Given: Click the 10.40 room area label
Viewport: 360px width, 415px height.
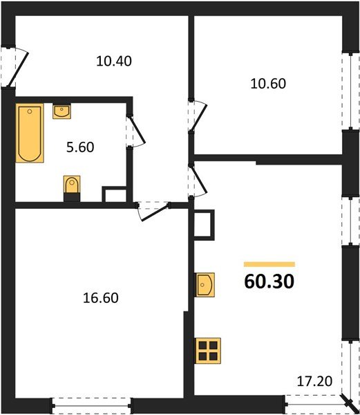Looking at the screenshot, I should [114, 60].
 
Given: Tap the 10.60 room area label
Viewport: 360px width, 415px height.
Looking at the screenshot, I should [267, 84].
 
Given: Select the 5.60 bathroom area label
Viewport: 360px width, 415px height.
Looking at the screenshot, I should [81, 147].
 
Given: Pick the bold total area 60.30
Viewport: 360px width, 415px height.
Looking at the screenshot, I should [269, 282].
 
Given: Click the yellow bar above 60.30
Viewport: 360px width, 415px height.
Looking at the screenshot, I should [269, 264].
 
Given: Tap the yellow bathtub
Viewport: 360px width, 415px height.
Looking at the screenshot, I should [30, 133].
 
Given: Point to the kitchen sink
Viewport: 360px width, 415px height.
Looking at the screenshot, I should [206, 284].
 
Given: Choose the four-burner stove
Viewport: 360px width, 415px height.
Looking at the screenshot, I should [208, 351].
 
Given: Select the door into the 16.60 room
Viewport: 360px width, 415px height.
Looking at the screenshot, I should [153, 210].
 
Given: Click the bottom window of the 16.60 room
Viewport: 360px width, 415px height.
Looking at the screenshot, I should [92, 405].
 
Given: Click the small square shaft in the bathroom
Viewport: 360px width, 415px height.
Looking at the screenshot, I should [113, 194].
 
